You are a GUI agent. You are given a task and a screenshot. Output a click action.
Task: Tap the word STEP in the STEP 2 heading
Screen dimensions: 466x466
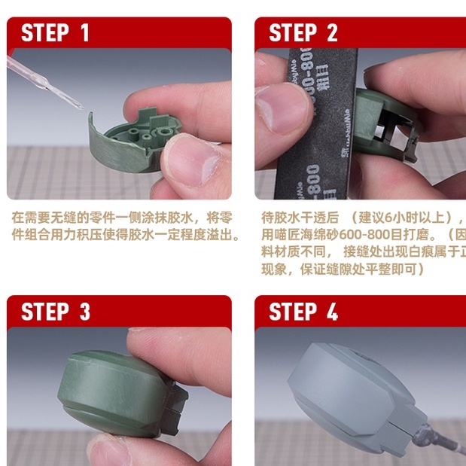click(x=292, y=33)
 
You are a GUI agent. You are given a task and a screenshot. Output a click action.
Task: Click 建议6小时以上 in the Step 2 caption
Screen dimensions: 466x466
click(x=392, y=217)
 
